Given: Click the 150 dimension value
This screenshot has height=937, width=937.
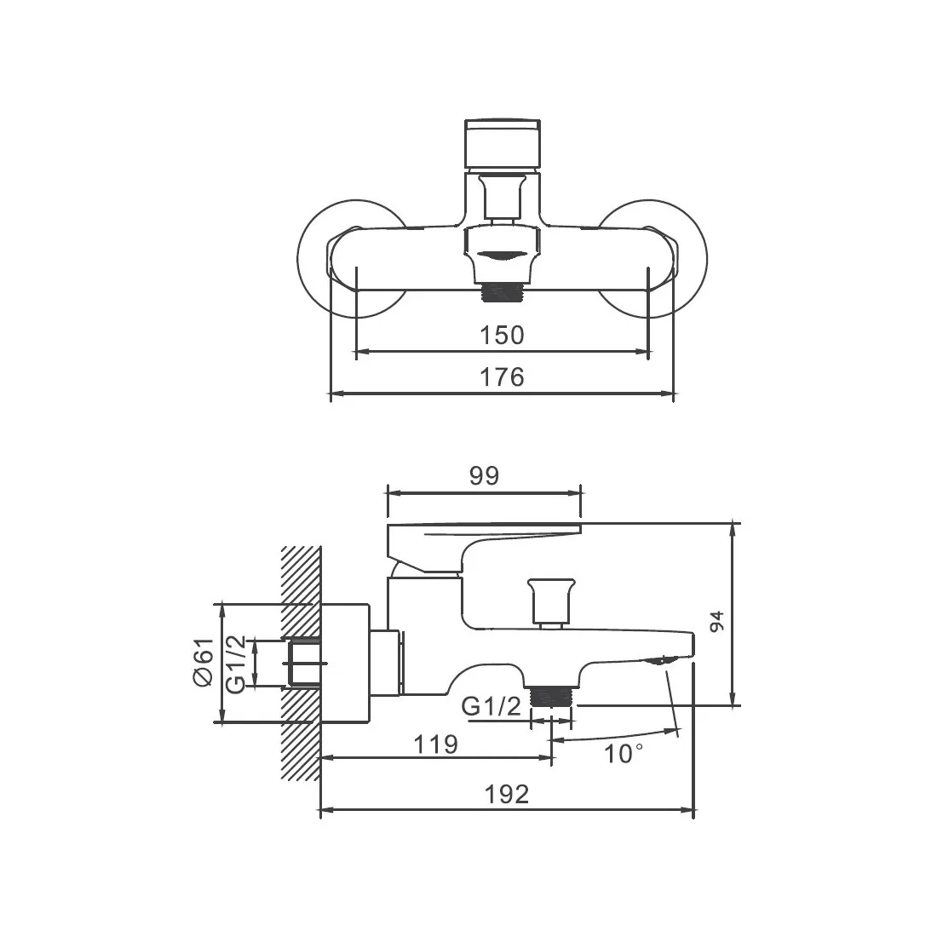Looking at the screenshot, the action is click(x=502, y=336).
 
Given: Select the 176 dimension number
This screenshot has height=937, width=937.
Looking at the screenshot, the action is click(x=502, y=377).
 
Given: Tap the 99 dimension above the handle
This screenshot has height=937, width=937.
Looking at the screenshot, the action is click(x=484, y=475).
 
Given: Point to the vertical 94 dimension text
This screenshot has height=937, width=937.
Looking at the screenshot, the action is click(x=716, y=621).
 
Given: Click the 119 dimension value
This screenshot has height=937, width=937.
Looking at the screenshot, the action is click(x=435, y=744).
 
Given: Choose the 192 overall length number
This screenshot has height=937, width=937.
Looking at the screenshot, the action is click(x=507, y=795).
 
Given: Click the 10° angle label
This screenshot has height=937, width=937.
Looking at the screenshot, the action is click(x=624, y=754).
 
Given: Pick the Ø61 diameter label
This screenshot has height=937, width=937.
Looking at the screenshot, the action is click(x=204, y=662).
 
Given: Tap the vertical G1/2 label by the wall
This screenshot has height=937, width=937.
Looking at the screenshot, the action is click(x=235, y=664).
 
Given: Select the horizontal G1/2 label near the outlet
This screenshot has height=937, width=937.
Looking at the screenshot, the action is click(x=491, y=707).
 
